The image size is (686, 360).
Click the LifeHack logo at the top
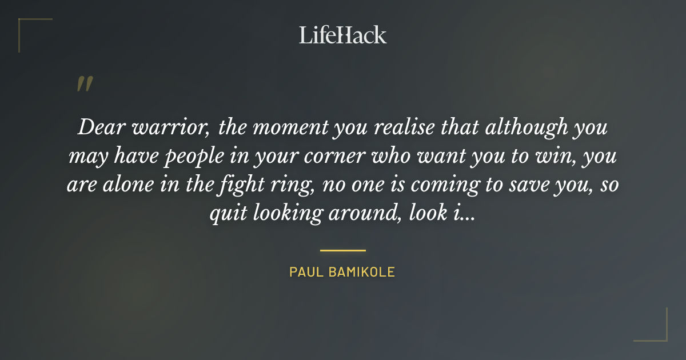342,35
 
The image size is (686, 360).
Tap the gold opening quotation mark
84,84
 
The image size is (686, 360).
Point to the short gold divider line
342,250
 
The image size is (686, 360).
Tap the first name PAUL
306,272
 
